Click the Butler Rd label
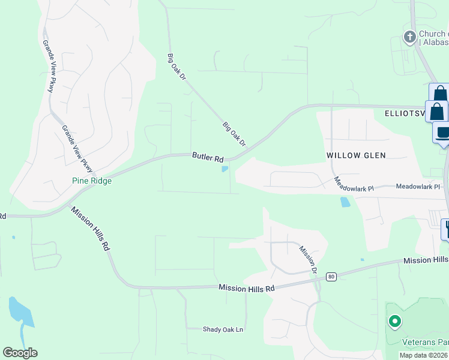point(208,157)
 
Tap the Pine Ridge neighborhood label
point(92,181)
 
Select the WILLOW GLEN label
point(356,155)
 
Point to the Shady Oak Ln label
point(206,329)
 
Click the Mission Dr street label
point(307,259)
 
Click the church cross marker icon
point(409,38)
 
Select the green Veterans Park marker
point(394,322)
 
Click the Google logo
point(20,353)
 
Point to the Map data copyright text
point(424,355)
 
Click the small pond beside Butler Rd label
point(225,169)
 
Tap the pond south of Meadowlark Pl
point(345,202)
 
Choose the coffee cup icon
point(443,133)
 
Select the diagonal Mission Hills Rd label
point(91,229)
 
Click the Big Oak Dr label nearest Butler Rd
point(235,134)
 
